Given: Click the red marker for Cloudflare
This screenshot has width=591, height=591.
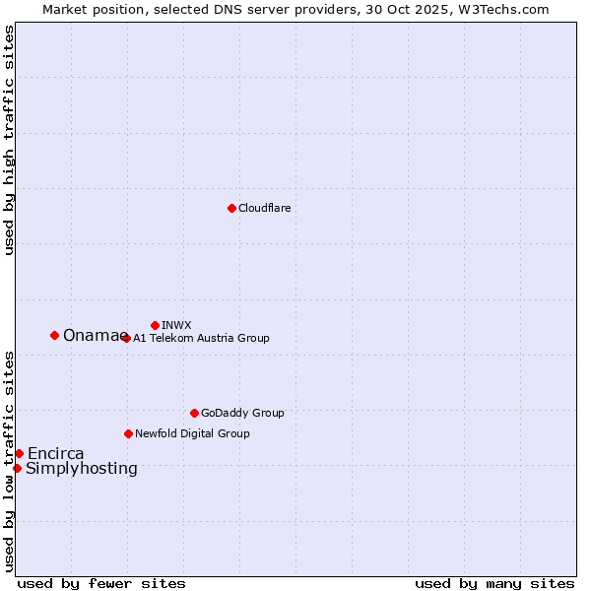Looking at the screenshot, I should [231, 208].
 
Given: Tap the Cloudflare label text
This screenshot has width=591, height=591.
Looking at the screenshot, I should [265, 208].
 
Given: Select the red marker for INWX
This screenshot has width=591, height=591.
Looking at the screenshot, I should [155, 325].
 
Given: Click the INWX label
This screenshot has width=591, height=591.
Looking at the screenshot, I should [176, 325].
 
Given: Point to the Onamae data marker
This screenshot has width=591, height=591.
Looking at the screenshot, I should [54, 335].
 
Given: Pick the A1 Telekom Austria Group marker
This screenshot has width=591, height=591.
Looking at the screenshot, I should [126, 338].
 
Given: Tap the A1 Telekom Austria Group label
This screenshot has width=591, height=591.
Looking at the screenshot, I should [201, 338].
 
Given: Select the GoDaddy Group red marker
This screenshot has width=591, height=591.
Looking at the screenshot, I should [194, 413].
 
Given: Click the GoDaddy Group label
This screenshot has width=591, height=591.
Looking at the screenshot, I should [242, 413].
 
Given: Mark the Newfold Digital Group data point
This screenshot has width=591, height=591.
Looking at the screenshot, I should [128, 433].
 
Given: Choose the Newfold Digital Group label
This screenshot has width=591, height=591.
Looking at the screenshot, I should [192, 433].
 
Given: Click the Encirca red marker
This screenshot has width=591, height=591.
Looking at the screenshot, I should [19, 453].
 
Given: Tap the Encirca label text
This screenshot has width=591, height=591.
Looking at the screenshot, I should [56, 454].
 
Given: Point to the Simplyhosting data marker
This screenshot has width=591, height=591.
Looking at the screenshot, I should [17, 468].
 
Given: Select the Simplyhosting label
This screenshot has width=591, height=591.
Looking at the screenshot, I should [82, 469].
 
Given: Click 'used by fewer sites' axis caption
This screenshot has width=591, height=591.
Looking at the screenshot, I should [101, 583].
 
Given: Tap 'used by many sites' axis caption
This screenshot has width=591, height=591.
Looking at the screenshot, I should [494, 583].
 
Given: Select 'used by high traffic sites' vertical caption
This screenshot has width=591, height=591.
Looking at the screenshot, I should [9, 140].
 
